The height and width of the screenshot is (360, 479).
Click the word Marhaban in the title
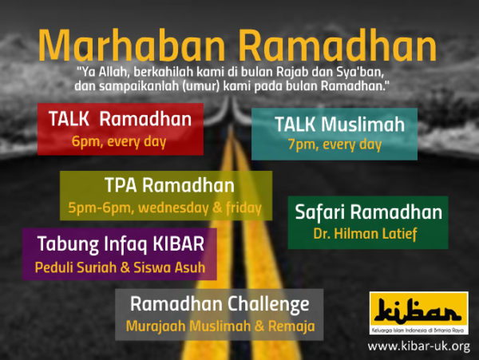click(x=132, y=45)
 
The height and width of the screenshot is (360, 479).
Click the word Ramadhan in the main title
click(x=338, y=45)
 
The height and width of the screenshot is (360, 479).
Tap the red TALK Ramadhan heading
click(x=120, y=119)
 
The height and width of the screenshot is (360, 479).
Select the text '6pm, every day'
click(x=119, y=142)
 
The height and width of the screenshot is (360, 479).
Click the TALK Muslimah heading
click(x=340, y=125)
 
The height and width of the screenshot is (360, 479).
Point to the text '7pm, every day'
click(x=335, y=144)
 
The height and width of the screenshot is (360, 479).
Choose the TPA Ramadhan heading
click(x=169, y=185)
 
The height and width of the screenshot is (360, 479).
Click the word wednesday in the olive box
click(x=173, y=208)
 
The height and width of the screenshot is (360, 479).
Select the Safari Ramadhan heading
click(x=368, y=212)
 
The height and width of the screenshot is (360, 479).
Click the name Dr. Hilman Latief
click(x=366, y=234)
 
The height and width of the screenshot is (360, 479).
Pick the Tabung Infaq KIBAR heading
click(x=121, y=244)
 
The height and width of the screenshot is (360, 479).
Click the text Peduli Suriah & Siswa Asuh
click(x=120, y=267)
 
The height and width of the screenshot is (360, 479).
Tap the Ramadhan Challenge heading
click(x=220, y=304)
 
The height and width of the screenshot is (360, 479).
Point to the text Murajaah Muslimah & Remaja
click(x=220, y=326)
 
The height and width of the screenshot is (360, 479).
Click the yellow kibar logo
click(x=419, y=313)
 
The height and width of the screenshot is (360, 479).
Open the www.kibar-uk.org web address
click(x=419, y=346)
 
